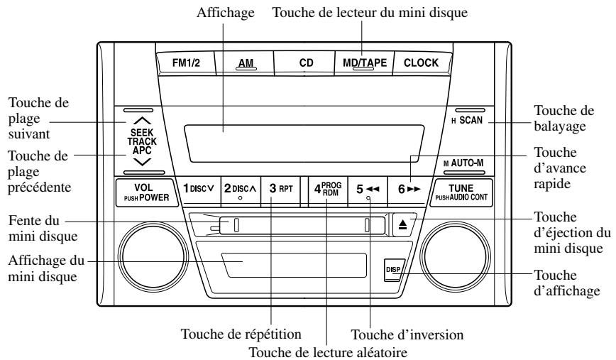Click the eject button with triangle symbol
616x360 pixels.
(402, 224)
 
